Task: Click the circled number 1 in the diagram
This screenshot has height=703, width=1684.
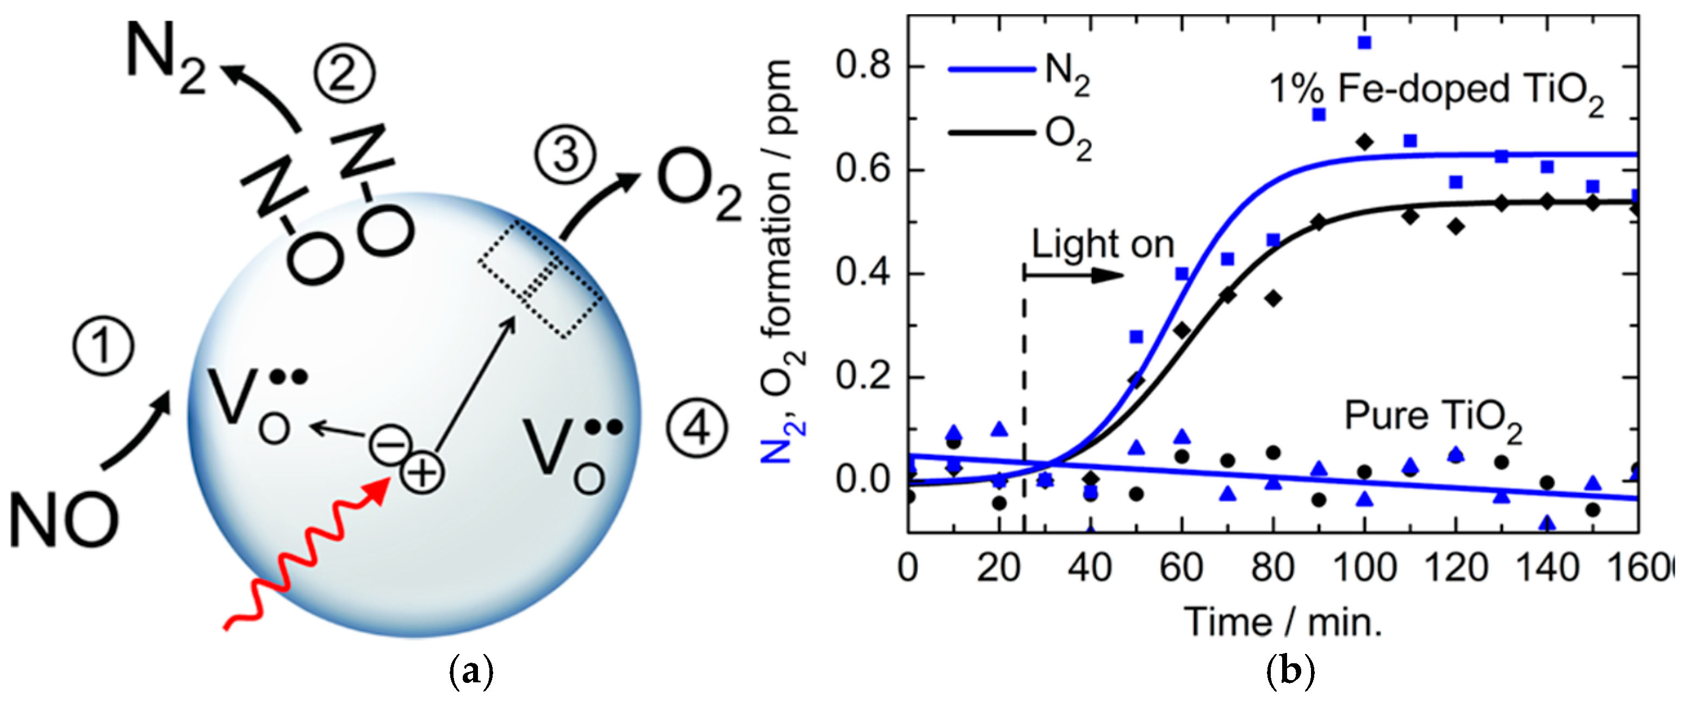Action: click(103, 346)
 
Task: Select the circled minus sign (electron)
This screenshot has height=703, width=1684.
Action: click(390, 444)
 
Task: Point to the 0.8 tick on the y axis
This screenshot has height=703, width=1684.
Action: click(863, 67)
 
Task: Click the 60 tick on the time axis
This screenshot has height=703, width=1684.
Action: click(1181, 568)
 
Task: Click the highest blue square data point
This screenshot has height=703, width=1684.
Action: click(1364, 42)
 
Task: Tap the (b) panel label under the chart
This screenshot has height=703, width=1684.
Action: click(1290, 673)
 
